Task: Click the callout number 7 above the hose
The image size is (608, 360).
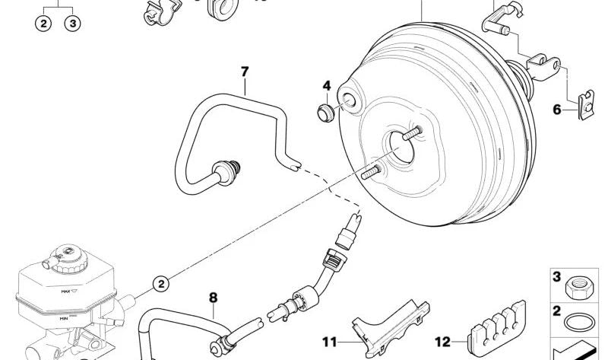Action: [244, 72]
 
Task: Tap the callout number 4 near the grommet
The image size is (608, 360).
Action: [327, 86]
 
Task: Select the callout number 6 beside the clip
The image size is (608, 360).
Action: [557, 110]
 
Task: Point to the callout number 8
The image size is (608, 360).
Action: [214, 298]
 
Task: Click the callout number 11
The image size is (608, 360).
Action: [330, 342]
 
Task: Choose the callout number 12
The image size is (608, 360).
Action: [442, 342]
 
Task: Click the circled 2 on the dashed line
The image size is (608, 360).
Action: [161, 284]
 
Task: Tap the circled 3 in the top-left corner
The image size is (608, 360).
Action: [72, 24]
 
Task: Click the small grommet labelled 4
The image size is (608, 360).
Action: [326, 113]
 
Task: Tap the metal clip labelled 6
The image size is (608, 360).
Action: [585, 105]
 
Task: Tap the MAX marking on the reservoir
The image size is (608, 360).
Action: [65, 291]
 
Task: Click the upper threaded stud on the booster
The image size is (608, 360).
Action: [413, 133]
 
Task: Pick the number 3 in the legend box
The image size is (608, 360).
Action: [557, 277]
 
